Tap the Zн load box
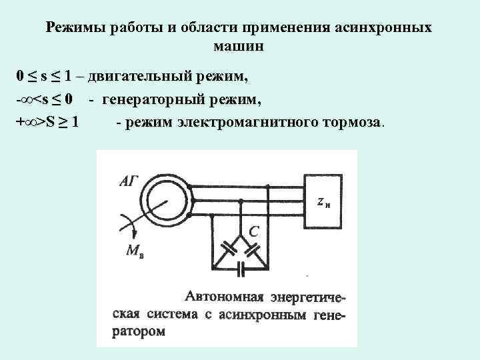pos(323,200)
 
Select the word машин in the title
pos(239,47)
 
